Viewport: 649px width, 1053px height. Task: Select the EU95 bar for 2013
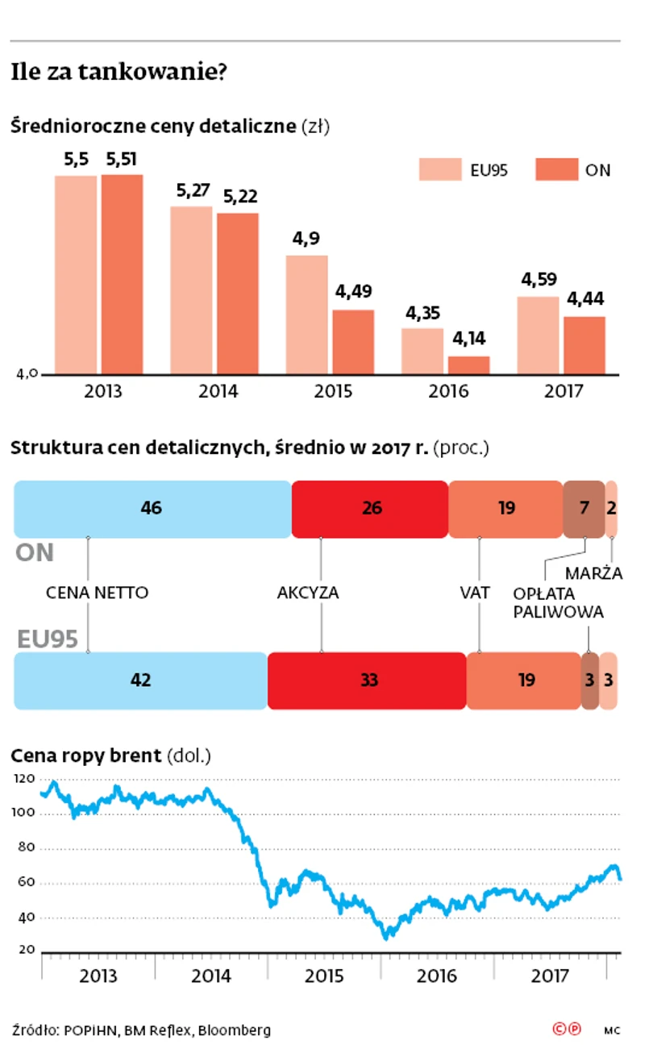(x=76, y=274)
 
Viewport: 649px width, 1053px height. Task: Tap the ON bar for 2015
(x=353, y=342)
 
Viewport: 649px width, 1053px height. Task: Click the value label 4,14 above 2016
(x=468, y=339)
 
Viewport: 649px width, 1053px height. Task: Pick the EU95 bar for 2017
(x=538, y=335)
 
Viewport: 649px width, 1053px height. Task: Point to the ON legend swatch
(x=557, y=169)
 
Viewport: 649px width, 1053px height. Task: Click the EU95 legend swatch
(x=439, y=169)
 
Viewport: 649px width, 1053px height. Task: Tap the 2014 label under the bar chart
(x=218, y=393)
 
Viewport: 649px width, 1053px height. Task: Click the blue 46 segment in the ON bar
(x=152, y=509)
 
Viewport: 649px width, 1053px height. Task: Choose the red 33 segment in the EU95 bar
(x=367, y=680)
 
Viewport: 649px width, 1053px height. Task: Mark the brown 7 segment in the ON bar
(x=584, y=509)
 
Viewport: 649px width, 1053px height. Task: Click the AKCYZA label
(x=308, y=593)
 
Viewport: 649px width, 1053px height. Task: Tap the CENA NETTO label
(x=98, y=593)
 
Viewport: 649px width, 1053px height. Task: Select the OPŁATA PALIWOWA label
(x=559, y=602)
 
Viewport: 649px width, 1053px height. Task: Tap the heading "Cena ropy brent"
(x=86, y=756)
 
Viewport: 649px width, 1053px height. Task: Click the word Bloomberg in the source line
(x=235, y=1030)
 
